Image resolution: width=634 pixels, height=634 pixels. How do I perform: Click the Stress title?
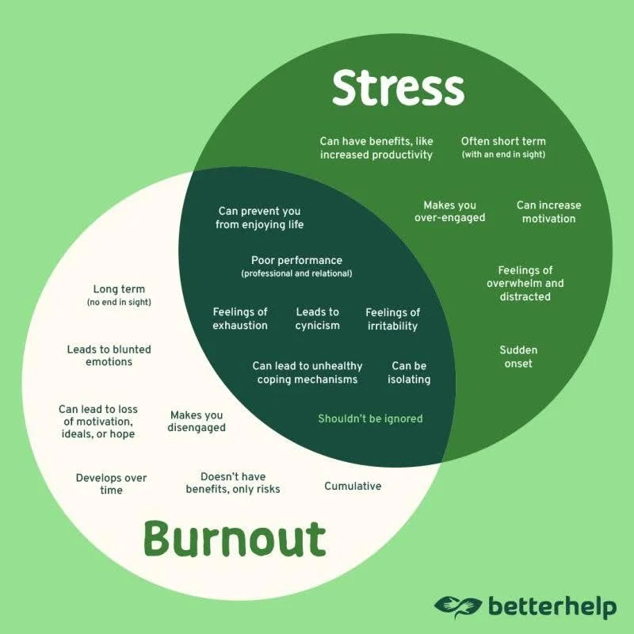398,88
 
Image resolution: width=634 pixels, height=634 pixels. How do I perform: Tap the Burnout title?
235,540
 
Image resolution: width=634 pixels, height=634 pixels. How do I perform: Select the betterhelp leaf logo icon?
458,606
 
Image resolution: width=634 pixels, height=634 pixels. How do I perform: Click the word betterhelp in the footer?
552,607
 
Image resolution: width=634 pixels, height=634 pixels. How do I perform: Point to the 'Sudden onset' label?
518,357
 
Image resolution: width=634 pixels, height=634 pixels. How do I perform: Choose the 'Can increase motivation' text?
548,212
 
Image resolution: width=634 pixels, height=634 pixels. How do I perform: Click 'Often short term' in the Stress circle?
503,141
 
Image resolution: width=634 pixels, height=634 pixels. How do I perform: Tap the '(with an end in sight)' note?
503,155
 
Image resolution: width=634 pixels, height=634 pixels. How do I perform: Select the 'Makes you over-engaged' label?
449,212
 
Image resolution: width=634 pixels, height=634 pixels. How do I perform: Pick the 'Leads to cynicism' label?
317,319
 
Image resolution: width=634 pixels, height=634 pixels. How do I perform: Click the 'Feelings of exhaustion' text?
240,319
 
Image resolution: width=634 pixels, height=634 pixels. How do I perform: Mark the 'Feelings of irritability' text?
392,319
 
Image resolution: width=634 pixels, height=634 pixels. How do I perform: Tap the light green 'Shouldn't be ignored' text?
370,418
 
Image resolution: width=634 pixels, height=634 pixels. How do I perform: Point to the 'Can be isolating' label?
409,372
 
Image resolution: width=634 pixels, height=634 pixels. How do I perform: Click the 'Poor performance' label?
296,260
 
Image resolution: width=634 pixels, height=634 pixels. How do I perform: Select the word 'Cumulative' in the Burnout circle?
353,486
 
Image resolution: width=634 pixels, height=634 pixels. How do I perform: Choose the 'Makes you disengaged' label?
197,422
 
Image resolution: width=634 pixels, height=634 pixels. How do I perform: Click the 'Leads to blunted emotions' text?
109,356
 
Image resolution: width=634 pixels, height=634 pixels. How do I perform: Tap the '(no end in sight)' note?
119,303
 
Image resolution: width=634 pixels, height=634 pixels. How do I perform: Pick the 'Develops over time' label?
111,484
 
